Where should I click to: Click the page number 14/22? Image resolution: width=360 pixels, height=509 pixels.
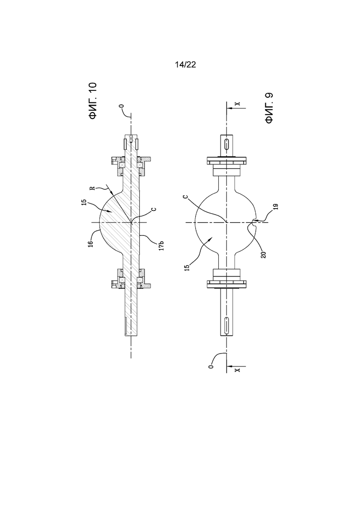186,65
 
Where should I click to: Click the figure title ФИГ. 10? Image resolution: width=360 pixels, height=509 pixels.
93,101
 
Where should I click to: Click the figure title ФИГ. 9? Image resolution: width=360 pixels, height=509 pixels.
269,108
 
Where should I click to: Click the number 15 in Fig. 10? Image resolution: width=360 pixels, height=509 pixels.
84,202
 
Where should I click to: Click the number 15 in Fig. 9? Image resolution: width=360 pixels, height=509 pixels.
186,268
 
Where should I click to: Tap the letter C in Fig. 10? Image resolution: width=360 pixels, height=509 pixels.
154,209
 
